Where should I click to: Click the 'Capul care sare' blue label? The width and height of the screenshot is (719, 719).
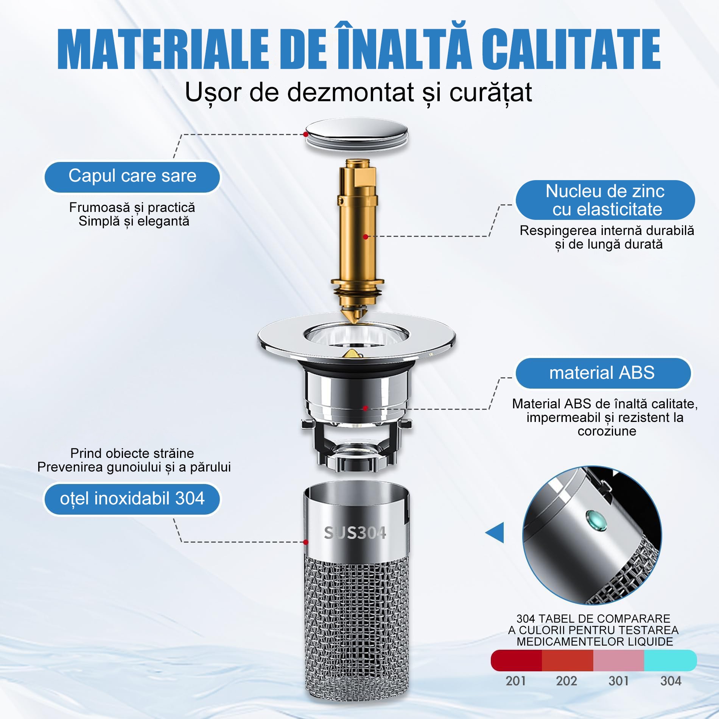coord(132,177)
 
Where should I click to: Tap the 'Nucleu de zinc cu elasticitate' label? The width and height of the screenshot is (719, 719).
coord(605,200)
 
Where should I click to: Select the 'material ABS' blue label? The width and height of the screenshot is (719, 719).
coord(603,373)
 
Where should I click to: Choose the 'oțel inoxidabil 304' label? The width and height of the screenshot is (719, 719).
coord(132,499)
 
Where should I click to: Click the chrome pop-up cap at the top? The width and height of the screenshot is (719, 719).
coord(356,136)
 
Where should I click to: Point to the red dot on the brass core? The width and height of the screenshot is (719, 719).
coord(366,237)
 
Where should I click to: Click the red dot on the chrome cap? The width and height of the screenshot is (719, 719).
coord(306,134)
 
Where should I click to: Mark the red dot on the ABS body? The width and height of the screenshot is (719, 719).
coord(365,408)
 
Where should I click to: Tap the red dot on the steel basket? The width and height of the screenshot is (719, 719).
coord(306,542)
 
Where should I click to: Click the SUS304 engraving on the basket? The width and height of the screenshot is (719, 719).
coord(355,533)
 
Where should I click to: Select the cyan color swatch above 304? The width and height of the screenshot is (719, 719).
coord(670,660)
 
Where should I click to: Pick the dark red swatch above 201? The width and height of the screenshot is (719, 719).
coord(517,660)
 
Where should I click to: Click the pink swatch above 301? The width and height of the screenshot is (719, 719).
coord(618,660)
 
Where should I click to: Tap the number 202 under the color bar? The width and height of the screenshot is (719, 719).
coord(566,681)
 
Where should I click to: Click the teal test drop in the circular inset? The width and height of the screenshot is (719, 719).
coord(596,521)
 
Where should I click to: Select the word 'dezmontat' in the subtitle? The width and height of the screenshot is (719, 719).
coord(350,92)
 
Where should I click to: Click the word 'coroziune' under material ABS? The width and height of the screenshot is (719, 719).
coord(607,431)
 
